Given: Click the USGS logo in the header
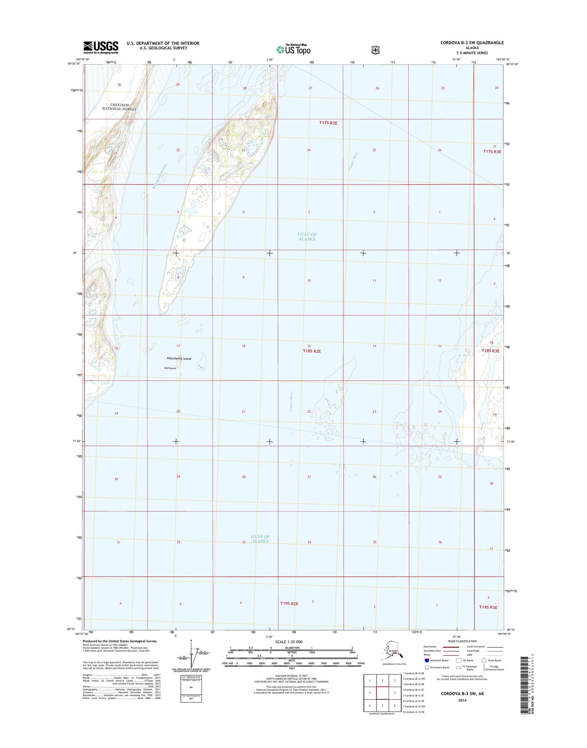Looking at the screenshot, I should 101,47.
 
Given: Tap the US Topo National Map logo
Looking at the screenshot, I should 293,49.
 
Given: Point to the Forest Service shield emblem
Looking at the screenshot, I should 376,50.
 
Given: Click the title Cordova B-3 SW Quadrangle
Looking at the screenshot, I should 472,43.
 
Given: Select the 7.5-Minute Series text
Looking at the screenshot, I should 472,53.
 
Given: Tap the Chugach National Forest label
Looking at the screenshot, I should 119,107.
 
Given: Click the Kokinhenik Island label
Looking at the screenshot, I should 179,359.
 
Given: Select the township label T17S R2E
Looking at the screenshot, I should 328,123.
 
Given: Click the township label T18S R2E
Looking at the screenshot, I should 312,351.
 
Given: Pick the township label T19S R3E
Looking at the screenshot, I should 488,607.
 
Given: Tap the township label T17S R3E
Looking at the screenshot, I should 492,151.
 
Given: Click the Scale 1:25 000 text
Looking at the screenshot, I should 288,642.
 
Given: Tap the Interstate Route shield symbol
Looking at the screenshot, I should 427,660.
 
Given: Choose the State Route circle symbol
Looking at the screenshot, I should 484,660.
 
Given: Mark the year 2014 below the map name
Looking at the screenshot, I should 462,700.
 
